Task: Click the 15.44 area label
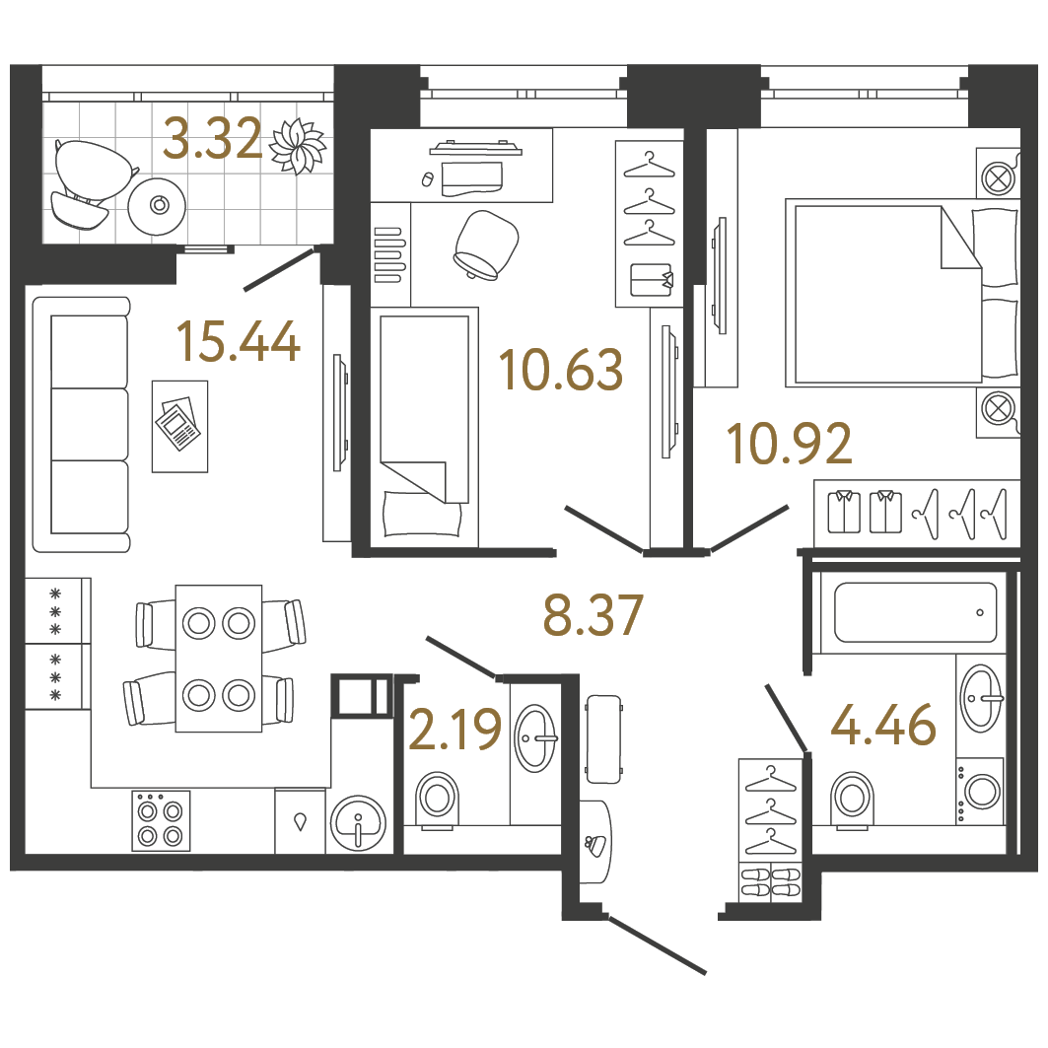point(238,342)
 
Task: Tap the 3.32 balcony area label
point(213,138)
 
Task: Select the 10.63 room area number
point(561,369)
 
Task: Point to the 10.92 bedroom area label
point(790,443)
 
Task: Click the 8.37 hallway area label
point(593,615)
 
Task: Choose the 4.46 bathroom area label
point(883,725)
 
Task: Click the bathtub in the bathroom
point(915,612)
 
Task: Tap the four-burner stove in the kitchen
point(161,821)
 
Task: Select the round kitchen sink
point(358,823)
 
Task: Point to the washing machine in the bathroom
point(980,791)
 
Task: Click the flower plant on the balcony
point(298,146)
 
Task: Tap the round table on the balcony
point(158,205)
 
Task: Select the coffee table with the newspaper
point(179,427)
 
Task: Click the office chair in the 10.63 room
point(485,245)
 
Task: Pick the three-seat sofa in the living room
point(82,424)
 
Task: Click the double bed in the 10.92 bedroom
point(902,292)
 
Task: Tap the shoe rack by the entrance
point(771,881)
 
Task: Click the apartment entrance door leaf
point(658,945)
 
